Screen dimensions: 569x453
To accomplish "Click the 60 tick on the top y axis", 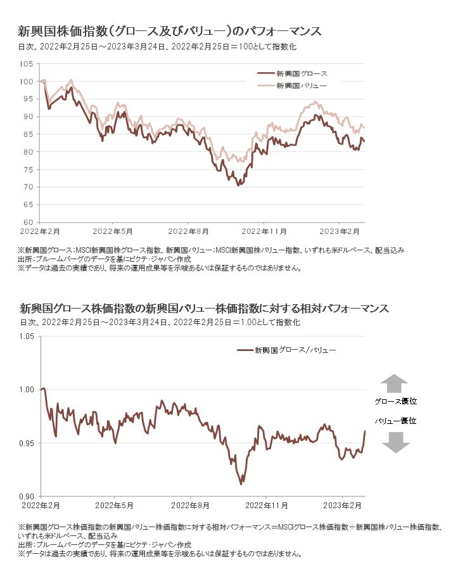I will click(29, 222).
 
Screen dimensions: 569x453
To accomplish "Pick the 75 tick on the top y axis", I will click(29, 170).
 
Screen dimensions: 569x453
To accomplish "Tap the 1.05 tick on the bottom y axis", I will click(25, 336).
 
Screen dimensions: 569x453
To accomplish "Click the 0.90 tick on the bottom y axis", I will click(25, 496).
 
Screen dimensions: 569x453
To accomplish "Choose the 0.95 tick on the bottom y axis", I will click(25, 443).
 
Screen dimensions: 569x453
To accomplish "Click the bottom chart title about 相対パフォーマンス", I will click(204, 309).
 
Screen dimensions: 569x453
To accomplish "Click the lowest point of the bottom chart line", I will click(241, 484).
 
